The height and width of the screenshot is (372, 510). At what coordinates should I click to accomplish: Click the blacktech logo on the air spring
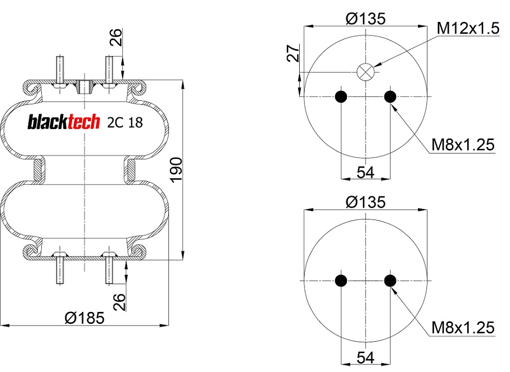click(x=64, y=122)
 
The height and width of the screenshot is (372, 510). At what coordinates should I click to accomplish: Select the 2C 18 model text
click(x=125, y=122)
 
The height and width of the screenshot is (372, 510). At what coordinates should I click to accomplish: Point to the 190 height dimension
click(x=177, y=170)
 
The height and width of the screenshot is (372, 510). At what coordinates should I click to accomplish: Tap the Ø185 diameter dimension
click(x=85, y=318)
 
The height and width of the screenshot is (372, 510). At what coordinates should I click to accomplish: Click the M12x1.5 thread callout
click(x=468, y=28)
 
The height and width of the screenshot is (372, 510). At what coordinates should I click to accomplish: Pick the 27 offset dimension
click(x=293, y=53)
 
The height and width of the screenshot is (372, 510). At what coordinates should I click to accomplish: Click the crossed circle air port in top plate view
click(x=366, y=72)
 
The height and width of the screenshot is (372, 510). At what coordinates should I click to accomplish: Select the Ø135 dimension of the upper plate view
click(x=366, y=18)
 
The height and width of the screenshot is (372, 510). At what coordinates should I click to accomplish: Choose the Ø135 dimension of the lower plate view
click(x=366, y=202)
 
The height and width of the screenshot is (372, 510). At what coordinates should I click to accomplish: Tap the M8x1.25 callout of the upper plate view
click(x=462, y=145)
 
